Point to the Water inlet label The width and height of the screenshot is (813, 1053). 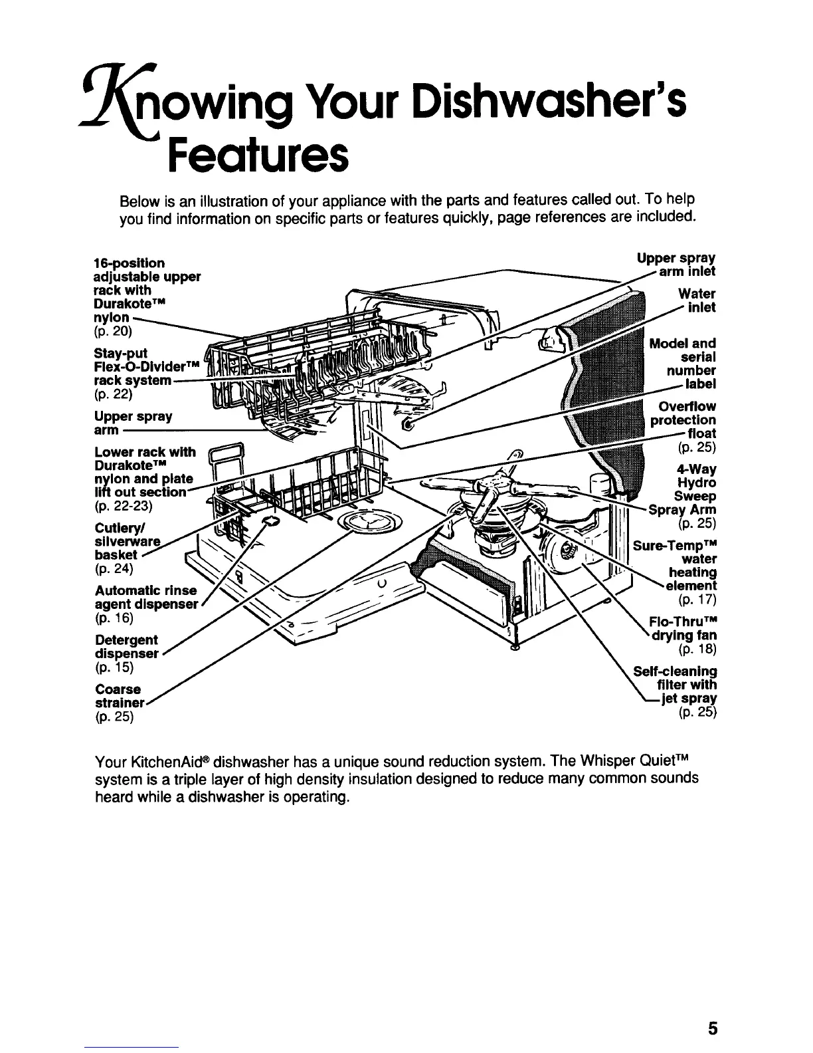[x=697, y=300]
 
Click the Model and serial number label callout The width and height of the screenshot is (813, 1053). [x=684, y=364]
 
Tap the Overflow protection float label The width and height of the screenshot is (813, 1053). [x=684, y=420]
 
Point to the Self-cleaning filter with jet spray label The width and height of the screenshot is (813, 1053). [x=677, y=685]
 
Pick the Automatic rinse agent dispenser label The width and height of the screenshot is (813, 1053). [x=146, y=598]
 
